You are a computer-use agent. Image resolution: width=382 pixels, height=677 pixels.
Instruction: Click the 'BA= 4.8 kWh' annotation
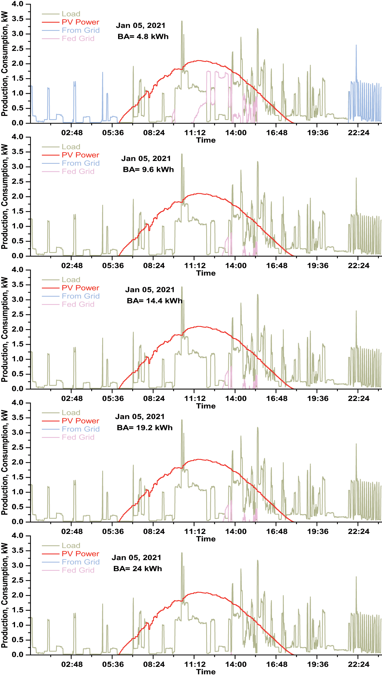[143, 37]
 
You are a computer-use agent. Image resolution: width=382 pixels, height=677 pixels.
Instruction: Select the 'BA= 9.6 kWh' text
[148, 170]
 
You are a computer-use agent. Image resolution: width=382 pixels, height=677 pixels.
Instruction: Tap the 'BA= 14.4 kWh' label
[154, 301]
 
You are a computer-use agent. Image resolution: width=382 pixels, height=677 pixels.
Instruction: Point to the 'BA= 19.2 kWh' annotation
[144, 428]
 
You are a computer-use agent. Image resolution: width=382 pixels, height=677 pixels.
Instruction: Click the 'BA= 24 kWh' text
[137, 569]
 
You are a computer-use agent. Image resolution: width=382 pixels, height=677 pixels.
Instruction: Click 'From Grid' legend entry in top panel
[81, 30]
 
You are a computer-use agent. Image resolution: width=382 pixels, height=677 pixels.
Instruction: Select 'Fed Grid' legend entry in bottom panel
[78, 570]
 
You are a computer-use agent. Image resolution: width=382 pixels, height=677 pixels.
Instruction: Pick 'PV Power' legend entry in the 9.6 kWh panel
[80, 155]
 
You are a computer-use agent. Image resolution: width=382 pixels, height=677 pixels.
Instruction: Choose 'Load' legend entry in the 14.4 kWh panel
[71, 280]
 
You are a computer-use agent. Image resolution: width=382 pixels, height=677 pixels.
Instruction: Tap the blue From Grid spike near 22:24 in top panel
[356, 46]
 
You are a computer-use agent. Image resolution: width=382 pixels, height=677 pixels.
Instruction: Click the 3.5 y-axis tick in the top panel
[17, 19]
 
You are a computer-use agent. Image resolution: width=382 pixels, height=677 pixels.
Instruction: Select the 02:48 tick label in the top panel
[72, 133]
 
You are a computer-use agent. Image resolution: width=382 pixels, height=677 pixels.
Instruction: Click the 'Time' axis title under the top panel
[206, 140]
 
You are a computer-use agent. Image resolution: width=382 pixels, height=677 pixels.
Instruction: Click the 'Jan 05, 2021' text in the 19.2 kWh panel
[140, 417]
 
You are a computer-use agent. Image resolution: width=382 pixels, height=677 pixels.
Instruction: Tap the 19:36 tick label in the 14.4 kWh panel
[318, 399]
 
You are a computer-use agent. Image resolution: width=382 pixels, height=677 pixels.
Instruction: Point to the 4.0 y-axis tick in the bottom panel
[17, 536]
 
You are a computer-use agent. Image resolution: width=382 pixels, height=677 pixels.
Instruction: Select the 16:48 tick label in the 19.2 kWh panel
[277, 532]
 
